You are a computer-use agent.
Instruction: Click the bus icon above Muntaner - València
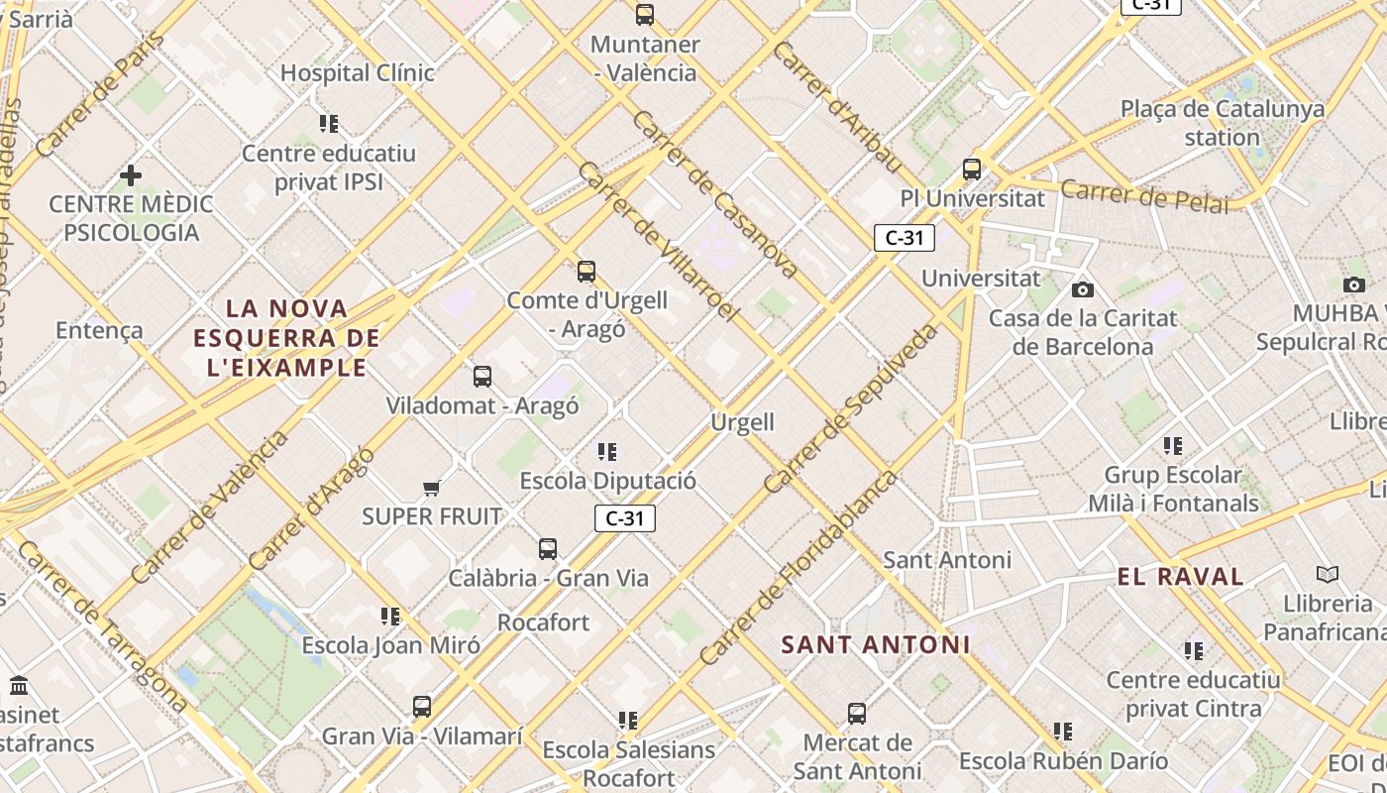[645, 15]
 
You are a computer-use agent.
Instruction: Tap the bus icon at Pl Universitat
[972, 170]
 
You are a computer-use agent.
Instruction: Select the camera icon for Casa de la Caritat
[1083, 289]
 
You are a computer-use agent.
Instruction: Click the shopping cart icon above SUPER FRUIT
[431, 488]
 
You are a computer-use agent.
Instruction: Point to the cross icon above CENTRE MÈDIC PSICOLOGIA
[130, 176]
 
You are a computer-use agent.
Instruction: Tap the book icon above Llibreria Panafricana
[1328, 575]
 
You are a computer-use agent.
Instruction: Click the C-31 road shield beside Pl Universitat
[904, 238]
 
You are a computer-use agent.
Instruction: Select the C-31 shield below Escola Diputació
[625, 518]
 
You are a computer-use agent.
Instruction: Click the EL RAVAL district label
[1180, 577]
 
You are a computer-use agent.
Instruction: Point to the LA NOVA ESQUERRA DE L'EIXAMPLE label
[287, 338]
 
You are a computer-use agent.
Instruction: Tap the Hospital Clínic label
[358, 72]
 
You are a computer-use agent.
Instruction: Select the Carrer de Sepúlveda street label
[852, 407]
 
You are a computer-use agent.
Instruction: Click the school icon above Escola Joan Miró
[390, 617]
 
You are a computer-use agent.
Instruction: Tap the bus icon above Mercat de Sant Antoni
[857, 714]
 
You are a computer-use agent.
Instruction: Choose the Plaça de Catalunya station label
[1223, 123]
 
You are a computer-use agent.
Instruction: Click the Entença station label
[99, 330]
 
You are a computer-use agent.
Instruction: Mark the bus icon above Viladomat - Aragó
[482, 377]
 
